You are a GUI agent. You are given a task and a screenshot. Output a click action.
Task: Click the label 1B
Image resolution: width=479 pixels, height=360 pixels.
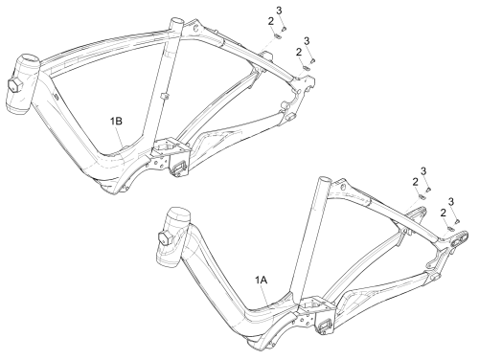pos(116,122)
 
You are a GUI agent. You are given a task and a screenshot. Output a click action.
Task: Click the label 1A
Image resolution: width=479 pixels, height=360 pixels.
pos(261,280)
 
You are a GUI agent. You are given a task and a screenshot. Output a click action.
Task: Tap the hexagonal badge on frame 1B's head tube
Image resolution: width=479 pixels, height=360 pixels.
pos(14,86)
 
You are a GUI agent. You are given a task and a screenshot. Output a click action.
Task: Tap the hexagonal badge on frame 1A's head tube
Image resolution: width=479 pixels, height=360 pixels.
pos(165,238)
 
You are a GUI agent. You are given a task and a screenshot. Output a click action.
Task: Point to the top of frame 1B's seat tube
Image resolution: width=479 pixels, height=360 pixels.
pos(177,22)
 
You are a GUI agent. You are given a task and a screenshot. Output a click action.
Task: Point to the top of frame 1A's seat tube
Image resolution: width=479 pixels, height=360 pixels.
pos(324,180)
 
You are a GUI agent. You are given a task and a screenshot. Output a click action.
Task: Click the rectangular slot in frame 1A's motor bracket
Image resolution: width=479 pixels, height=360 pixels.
pos(326,325)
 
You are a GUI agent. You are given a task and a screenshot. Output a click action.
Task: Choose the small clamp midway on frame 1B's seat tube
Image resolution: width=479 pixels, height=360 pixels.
pos(165,96)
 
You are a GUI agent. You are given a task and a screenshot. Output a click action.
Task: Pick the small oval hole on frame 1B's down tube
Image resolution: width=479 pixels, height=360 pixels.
pos(55,96)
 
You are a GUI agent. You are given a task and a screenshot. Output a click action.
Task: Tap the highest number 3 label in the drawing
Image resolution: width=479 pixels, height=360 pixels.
pos(279,11)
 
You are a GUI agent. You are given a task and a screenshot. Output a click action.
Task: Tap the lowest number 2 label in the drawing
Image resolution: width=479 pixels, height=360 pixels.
pos(443,213)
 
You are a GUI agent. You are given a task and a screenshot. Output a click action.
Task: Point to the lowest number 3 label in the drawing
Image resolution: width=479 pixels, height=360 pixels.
pos(451,201)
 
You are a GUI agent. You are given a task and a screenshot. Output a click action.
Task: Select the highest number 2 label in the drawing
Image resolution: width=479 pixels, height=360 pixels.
pos(271,21)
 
